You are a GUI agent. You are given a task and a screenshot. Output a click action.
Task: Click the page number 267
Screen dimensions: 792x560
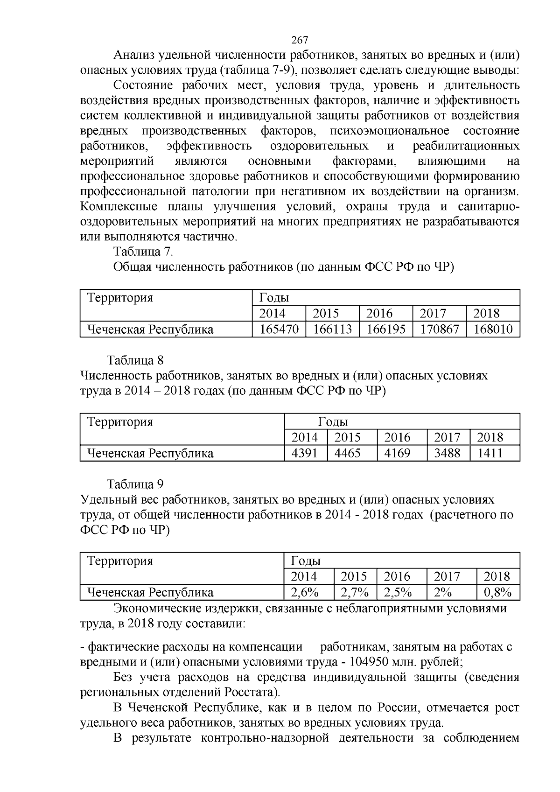point(299,40)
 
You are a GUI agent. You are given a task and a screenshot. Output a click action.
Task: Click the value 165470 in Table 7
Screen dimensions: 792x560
point(279,329)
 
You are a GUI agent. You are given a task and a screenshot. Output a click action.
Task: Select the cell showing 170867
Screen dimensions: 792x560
point(439,329)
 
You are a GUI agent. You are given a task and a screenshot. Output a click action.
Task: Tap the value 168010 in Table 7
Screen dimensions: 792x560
point(493,329)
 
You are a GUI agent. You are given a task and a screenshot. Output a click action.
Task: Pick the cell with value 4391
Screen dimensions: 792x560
point(304,453)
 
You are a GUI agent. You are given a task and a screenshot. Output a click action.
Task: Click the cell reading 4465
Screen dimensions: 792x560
point(348,453)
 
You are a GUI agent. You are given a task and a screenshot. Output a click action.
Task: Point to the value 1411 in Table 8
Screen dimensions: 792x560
point(490,453)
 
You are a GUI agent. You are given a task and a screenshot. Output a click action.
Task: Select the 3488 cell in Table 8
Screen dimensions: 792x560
point(447,453)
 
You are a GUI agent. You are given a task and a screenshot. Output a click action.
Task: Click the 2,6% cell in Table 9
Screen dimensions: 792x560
point(304,592)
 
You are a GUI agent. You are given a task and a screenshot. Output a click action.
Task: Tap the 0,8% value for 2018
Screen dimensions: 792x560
point(497,592)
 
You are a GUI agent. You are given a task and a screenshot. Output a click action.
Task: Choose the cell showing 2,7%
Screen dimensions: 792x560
point(355,592)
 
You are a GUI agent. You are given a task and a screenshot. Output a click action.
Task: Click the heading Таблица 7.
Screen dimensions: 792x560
point(143,252)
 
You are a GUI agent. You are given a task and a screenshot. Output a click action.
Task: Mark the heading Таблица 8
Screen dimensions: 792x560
point(135,360)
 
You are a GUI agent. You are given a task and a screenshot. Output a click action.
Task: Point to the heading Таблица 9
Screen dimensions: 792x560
point(135,484)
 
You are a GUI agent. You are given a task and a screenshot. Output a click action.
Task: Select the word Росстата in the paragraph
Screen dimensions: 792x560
point(252,692)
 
